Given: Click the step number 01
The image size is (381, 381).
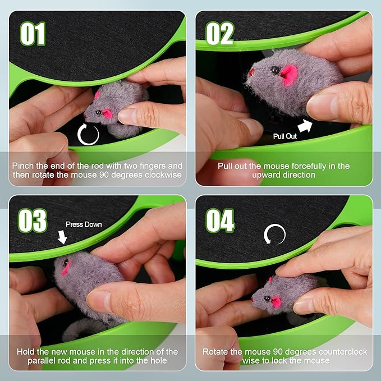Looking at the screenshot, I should pyautogui.click(x=33, y=34).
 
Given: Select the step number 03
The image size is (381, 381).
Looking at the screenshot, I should pyautogui.click(x=33, y=221).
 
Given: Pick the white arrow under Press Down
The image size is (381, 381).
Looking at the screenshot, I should pyautogui.click(x=62, y=237).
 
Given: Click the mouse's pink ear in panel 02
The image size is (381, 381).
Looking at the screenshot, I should pyautogui.click(x=290, y=75).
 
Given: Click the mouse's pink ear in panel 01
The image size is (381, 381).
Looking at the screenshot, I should pyautogui.click(x=107, y=114).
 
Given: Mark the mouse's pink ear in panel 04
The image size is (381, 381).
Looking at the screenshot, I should pyautogui.click(x=276, y=302).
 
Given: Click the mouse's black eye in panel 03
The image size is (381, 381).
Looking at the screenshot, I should pyautogui.click(x=66, y=262).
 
